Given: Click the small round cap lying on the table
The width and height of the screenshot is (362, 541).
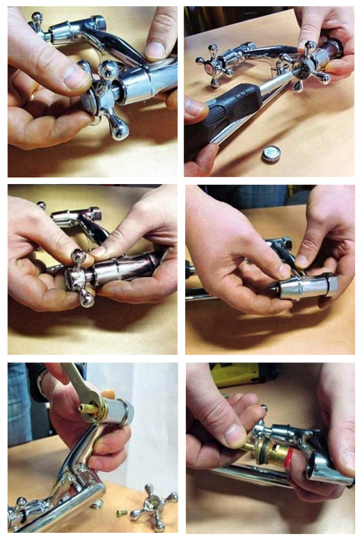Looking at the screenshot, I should (x=272, y=155).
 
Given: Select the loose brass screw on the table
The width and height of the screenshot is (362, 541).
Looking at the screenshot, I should (x=121, y=512).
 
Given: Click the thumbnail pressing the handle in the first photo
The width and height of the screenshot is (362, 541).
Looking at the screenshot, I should (x=76, y=77).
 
